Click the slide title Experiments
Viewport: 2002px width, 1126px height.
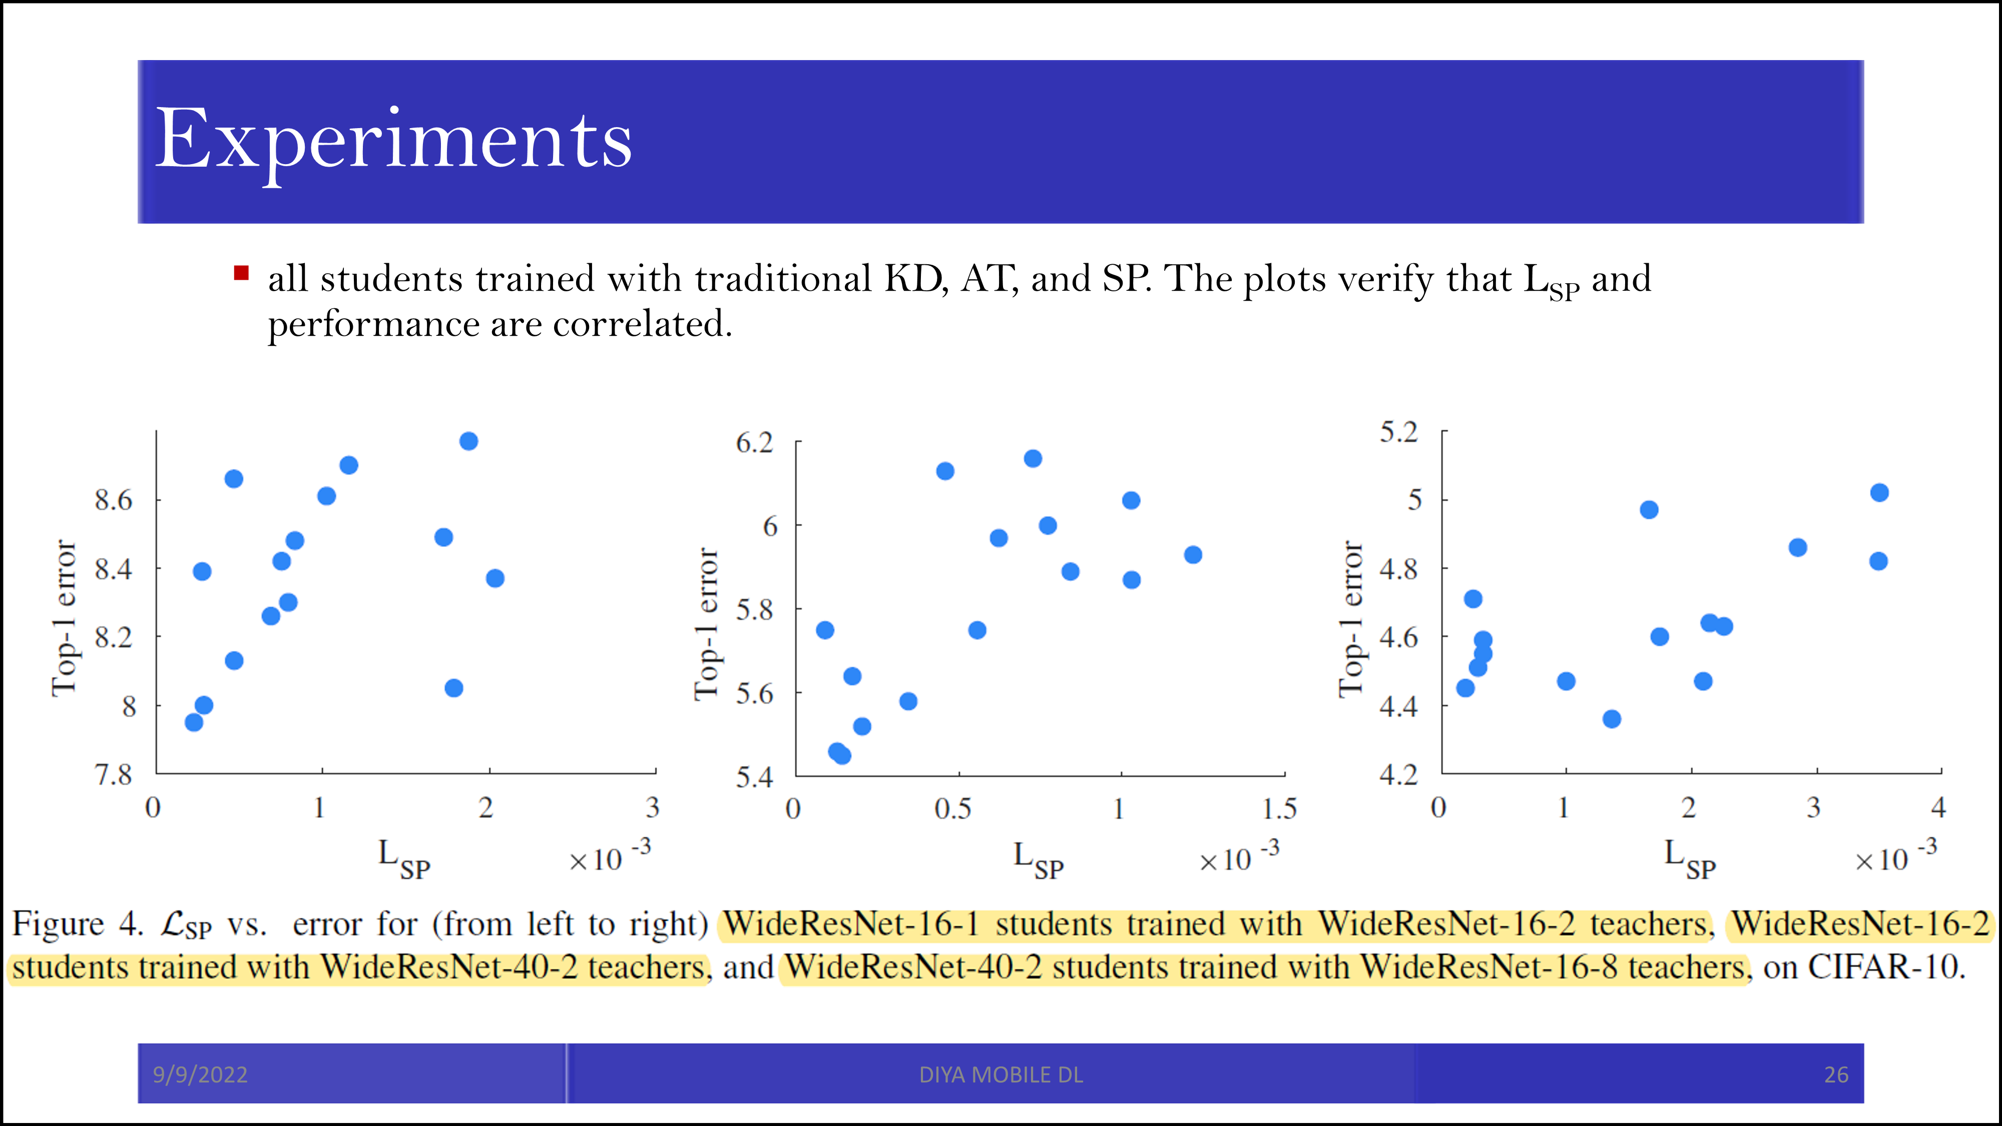[393, 141]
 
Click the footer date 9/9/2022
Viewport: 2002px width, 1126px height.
[200, 1075]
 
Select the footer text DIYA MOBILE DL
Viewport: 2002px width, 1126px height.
[1001, 1075]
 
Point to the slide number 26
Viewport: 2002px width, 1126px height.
[1836, 1075]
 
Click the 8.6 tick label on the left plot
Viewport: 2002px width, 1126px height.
[114, 499]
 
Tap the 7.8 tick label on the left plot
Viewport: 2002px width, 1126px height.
[114, 775]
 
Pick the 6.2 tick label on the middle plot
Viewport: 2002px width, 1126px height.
[755, 443]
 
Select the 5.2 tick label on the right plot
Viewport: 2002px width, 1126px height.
[1399, 432]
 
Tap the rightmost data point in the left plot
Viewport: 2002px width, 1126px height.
[495, 578]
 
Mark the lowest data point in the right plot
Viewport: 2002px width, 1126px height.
[1612, 719]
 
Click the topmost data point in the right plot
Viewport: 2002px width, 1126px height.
[1879, 492]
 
